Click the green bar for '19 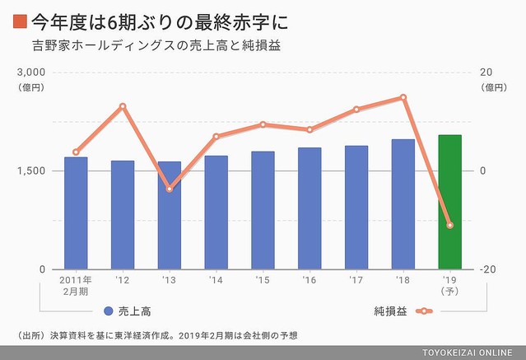449,202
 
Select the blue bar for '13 169,215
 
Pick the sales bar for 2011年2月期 76,213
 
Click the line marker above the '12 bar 123,106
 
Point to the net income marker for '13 169,189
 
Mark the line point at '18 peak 403,97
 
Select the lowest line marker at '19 449,225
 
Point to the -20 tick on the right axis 488,269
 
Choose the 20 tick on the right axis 486,72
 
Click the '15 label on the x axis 263,281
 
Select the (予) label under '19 449,292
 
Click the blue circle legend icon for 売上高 109,311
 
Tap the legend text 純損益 390,311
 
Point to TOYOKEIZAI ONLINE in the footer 469,353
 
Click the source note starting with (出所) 156,334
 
